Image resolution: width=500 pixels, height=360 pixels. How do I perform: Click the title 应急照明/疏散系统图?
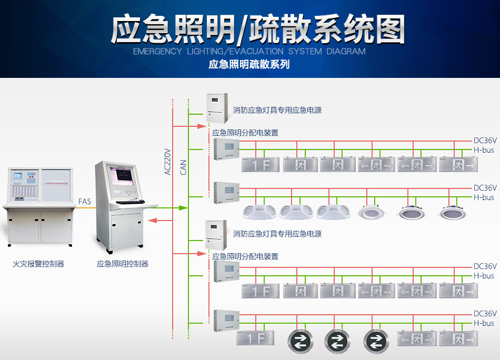(257, 29)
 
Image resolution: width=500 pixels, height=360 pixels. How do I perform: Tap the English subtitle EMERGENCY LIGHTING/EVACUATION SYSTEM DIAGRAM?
(249, 52)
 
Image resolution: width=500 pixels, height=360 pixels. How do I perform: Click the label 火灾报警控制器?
(38, 264)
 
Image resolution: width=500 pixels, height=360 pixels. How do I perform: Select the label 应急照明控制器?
(123, 264)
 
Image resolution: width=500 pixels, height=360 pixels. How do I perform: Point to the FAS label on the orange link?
(84, 202)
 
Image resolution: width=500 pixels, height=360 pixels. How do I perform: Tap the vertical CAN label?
(183, 167)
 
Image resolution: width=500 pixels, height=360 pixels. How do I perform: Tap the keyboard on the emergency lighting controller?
(130, 202)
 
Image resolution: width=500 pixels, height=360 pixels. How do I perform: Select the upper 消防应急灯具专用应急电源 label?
(277, 111)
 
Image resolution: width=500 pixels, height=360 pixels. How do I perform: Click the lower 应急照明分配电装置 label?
(245, 256)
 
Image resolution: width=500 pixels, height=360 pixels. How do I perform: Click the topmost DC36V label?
(485, 141)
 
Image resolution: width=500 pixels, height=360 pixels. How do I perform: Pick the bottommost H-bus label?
(484, 323)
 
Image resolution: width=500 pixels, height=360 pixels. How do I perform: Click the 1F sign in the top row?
(261, 165)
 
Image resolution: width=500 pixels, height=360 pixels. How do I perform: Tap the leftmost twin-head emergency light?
(258, 212)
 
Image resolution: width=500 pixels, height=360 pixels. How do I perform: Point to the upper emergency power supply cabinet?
(216, 107)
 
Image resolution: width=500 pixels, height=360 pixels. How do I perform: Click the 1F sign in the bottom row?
(255, 338)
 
